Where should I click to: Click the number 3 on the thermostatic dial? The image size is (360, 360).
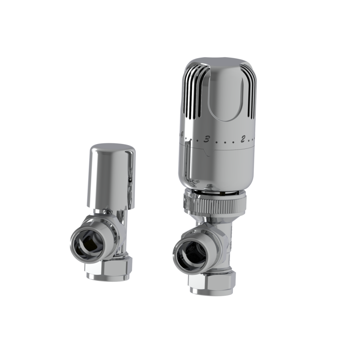tap(207, 139)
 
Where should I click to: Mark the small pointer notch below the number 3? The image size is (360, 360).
tap(205, 152)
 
